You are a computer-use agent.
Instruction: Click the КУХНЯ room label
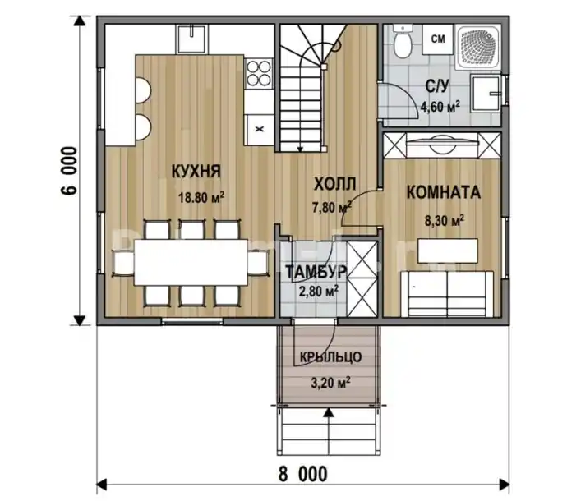point(196,171)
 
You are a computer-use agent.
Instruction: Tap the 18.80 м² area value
point(201,197)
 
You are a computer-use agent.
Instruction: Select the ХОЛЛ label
point(334,184)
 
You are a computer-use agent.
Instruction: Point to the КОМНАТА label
point(444,192)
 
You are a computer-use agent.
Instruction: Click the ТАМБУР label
point(316,272)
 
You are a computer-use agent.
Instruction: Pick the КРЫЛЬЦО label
point(330,357)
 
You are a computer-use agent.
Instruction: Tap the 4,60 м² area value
point(440,107)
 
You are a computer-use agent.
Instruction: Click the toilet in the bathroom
point(402,42)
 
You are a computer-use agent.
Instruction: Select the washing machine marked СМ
point(438,39)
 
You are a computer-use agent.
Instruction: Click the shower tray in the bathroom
point(478,47)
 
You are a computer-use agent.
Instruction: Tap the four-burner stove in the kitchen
point(258,74)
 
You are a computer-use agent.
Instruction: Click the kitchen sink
point(192,39)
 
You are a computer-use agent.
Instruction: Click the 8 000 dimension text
point(303,474)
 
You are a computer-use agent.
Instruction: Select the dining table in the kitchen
point(191,262)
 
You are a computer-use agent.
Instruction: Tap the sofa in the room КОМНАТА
point(447,293)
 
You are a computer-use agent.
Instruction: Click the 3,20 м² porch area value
point(330,383)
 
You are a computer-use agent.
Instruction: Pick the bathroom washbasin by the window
point(486,94)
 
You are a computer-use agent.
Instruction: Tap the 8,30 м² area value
point(445,221)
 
